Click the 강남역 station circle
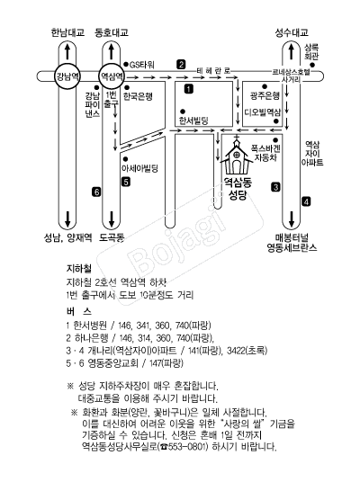[x=67, y=76]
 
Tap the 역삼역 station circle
[x=112, y=76]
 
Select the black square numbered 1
[x=189, y=89]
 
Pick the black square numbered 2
[x=181, y=65]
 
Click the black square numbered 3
[x=275, y=187]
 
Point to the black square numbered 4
[x=306, y=201]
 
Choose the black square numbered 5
[x=126, y=182]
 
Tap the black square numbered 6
[x=97, y=192]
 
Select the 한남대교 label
[x=67, y=32]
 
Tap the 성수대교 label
[x=292, y=32]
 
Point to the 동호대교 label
[x=112, y=32]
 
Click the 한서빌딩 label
[x=193, y=120]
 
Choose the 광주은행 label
[x=265, y=95]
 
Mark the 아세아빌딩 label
[x=140, y=168]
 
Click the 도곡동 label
[x=112, y=237]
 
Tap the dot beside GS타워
[x=125, y=65]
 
